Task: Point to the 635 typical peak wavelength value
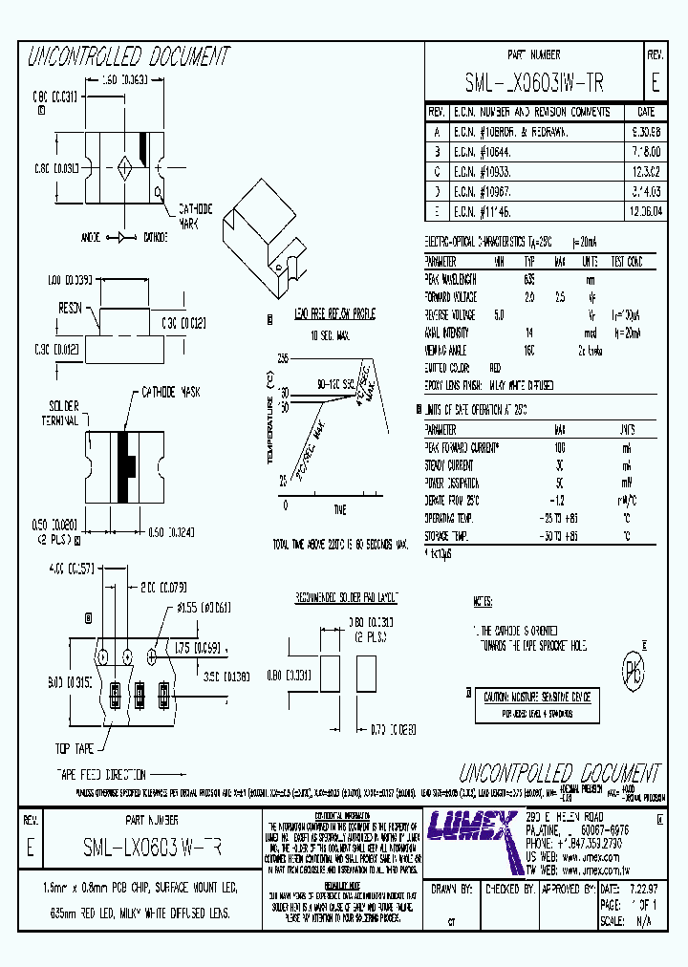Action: click(x=528, y=279)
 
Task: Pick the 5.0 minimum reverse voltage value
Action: click(x=499, y=313)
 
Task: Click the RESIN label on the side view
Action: click(x=70, y=308)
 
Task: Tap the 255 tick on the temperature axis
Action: click(x=282, y=357)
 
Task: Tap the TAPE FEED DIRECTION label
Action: click(x=87, y=775)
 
